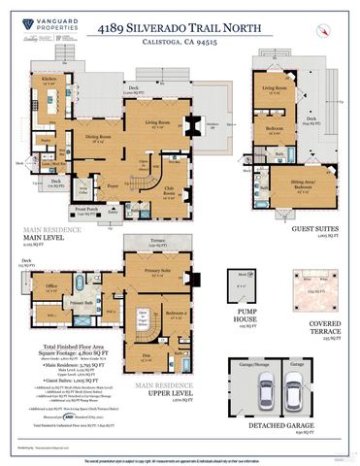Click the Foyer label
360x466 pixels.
point(113,183)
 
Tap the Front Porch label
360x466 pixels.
point(89,208)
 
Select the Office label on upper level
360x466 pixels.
point(49,285)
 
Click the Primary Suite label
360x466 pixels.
point(158,270)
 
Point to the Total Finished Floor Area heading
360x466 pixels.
point(63,346)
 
